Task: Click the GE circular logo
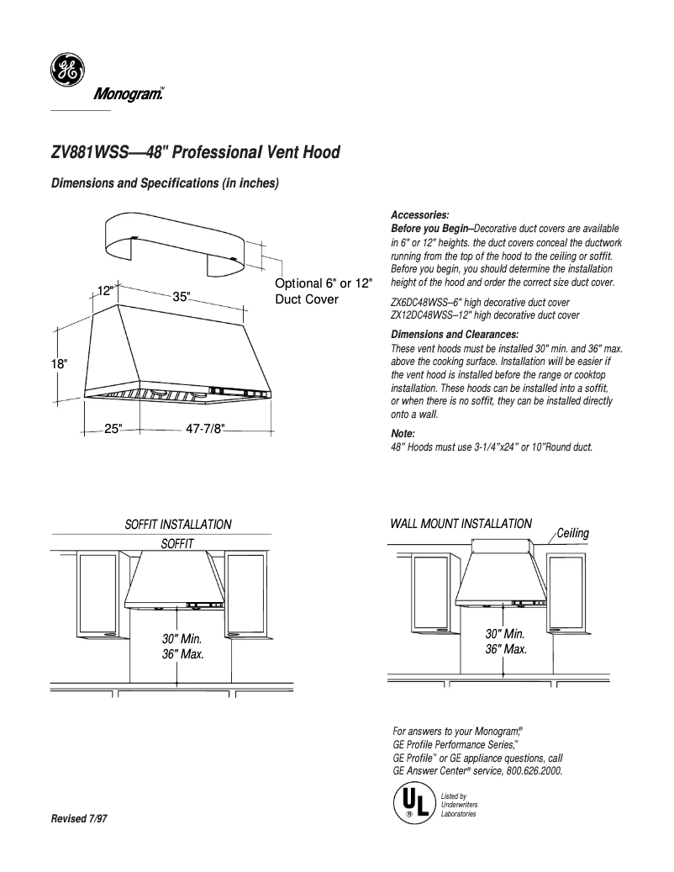click(65, 71)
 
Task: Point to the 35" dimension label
click(182, 297)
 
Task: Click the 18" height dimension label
click(58, 364)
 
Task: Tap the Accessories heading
click(420, 215)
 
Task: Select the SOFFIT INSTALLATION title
click(178, 525)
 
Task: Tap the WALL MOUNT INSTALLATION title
click(461, 523)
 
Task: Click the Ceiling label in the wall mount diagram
click(572, 533)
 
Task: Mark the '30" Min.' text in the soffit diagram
click(182, 638)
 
